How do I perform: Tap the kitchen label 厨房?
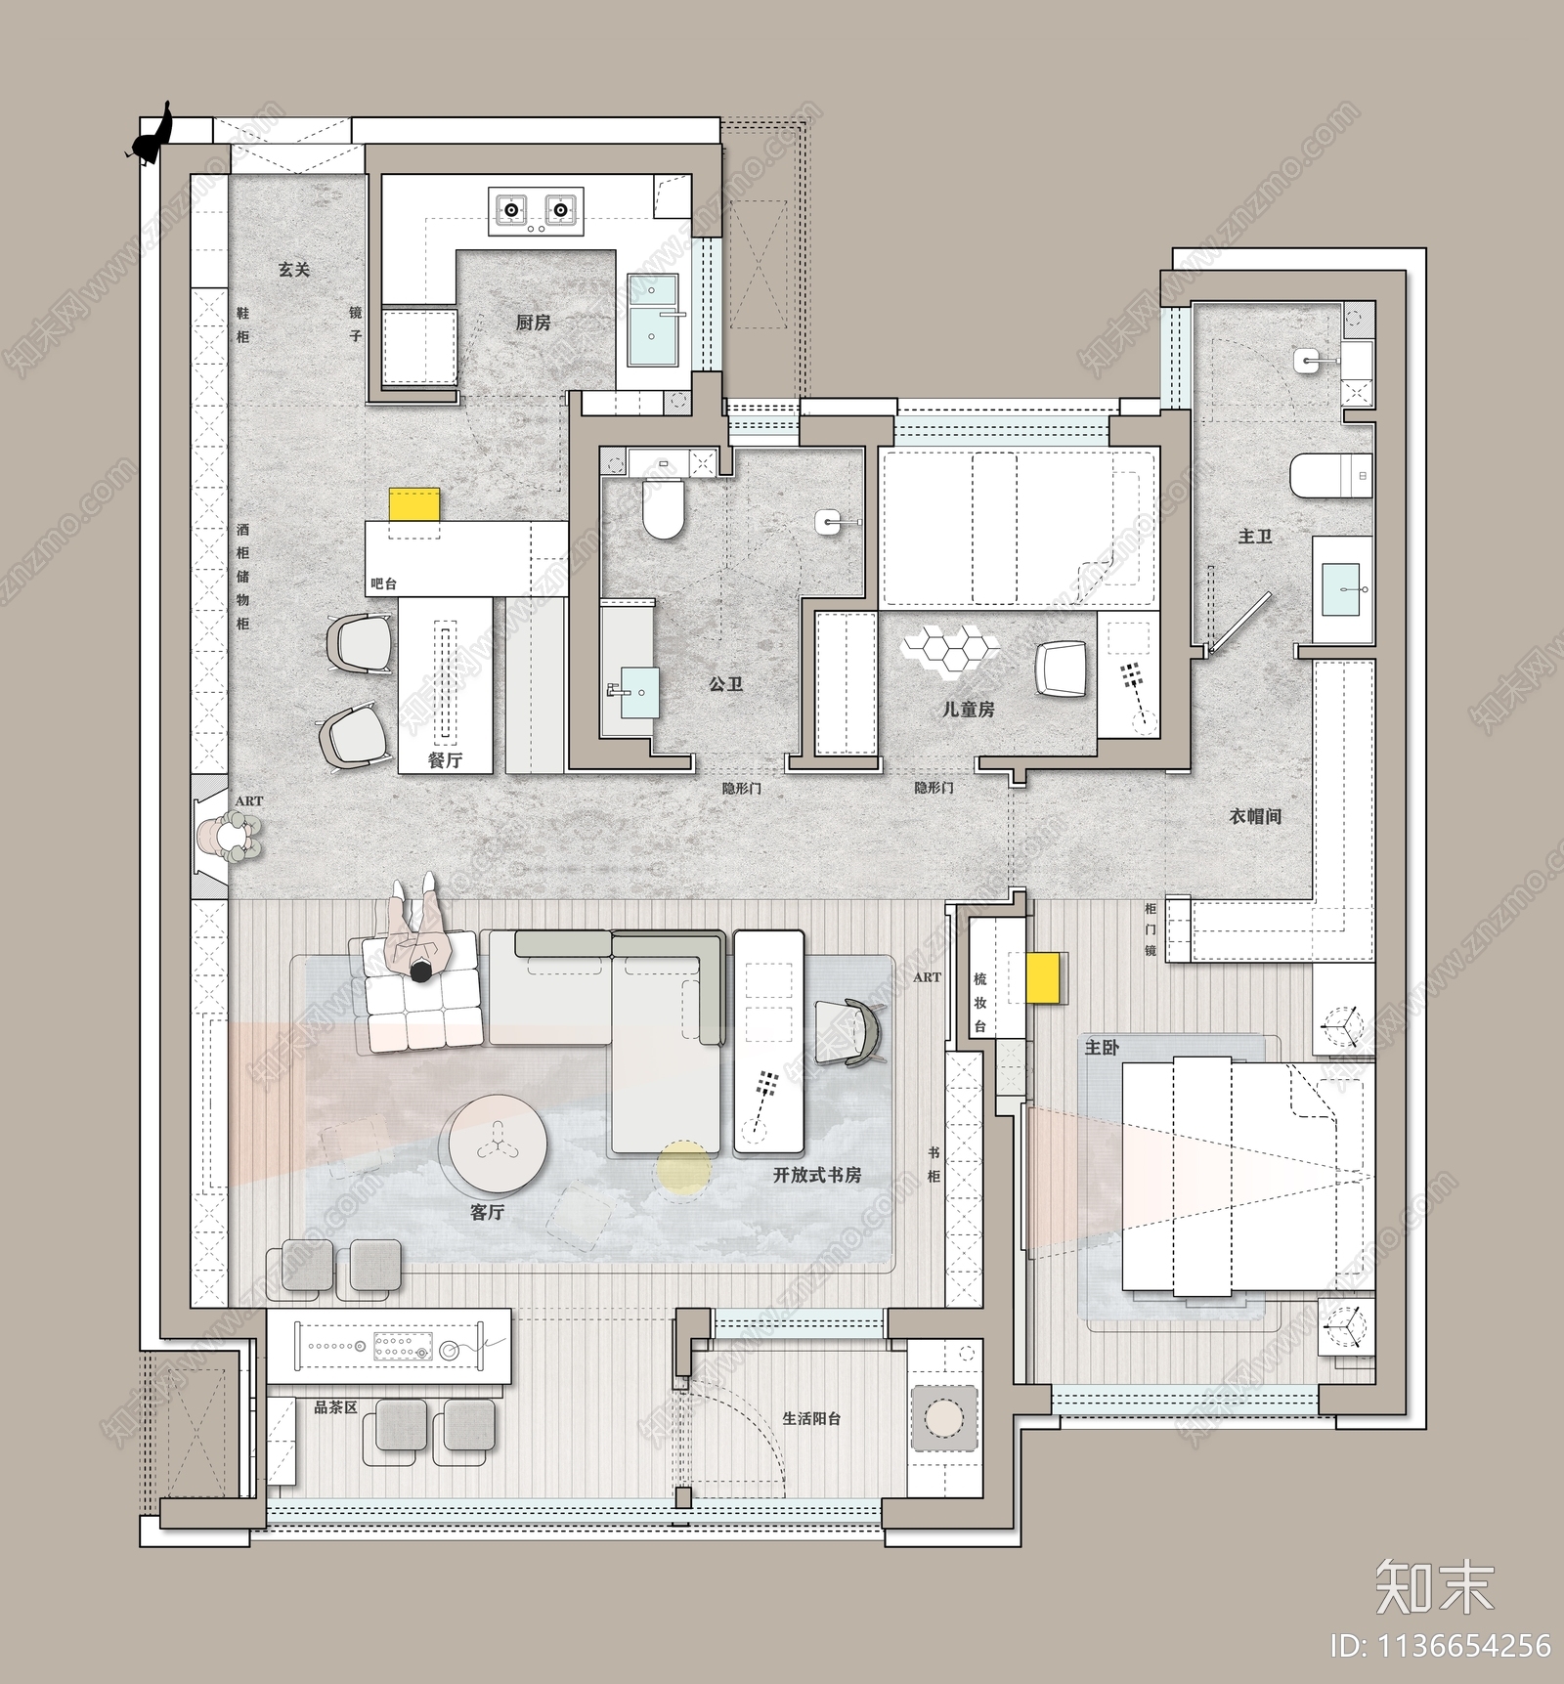(533, 323)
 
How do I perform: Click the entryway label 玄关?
(293, 269)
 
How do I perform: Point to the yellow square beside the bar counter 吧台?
(415, 505)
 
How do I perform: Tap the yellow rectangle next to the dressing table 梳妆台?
(1046, 977)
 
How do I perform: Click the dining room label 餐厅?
(445, 759)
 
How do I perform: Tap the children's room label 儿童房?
(968, 710)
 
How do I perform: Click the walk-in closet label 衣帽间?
(1255, 815)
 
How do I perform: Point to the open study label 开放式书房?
(817, 1175)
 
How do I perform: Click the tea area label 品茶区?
(335, 1407)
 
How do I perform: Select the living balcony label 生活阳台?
(811, 1417)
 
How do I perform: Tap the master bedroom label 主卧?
(1102, 1048)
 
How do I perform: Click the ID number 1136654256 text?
(1440, 1646)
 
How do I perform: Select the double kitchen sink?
(654, 320)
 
